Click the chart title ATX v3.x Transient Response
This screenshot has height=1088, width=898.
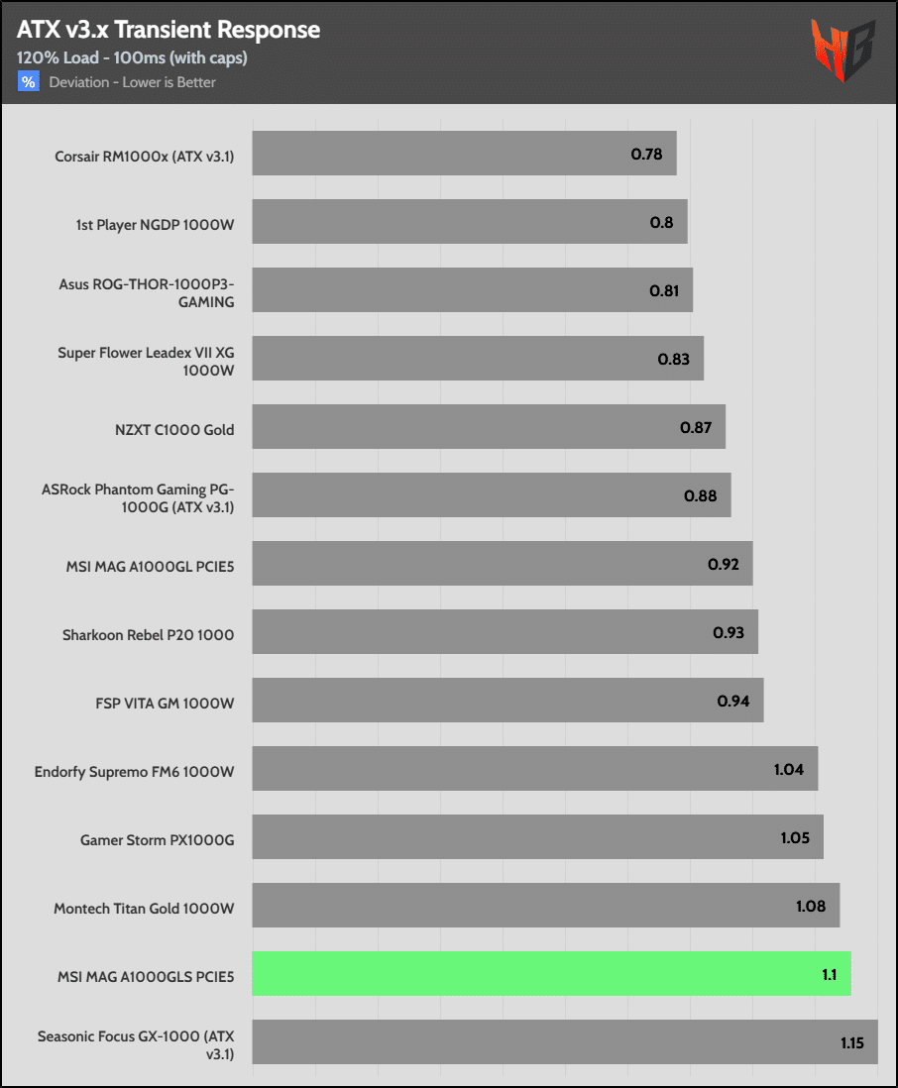168,30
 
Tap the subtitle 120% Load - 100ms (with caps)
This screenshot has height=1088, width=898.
132,57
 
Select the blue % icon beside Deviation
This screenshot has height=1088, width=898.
28,82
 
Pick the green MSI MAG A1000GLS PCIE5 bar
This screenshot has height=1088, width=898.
551,974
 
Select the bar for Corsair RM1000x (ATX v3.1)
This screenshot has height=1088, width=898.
464,154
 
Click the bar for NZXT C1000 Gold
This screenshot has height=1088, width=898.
489,427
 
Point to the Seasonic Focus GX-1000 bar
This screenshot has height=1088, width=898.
565,1042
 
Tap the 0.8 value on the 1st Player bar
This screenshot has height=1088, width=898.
661,222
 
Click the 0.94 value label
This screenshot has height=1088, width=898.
733,702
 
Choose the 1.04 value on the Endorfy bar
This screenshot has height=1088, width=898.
789,770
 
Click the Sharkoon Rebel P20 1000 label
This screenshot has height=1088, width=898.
148,634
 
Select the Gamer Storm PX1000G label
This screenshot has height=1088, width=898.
158,839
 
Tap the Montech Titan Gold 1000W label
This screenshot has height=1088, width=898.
144,908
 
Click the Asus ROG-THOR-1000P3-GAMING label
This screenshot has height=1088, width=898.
147,292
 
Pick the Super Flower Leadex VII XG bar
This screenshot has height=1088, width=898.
478,359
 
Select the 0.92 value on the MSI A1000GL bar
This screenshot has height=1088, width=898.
724,565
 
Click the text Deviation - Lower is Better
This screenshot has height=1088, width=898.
133,82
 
